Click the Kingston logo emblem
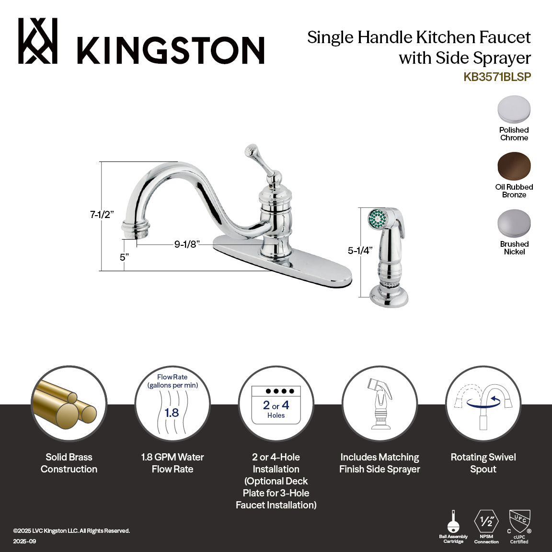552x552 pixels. tap(38, 41)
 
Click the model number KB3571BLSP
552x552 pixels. tap(497, 77)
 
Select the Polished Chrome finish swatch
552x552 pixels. tap(514, 109)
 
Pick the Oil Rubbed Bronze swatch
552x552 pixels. tap(514, 166)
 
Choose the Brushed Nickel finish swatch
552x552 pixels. tap(514, 224)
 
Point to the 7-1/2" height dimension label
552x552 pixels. tap(102, 215)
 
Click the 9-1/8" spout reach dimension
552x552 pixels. tap(186, 244)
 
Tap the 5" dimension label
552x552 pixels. tap(125, 257)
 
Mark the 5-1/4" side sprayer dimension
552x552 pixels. tap(360, 250)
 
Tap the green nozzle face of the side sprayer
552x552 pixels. tap(378, 218)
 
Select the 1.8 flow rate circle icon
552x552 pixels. tap(172, 404)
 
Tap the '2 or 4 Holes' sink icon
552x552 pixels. tap(276, 404)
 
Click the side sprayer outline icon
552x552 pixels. tap(379, 404)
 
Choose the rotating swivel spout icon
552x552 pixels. tap(483, 404)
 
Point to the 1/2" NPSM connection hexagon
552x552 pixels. tap(486, 521)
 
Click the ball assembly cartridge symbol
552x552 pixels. tap(453, 520)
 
